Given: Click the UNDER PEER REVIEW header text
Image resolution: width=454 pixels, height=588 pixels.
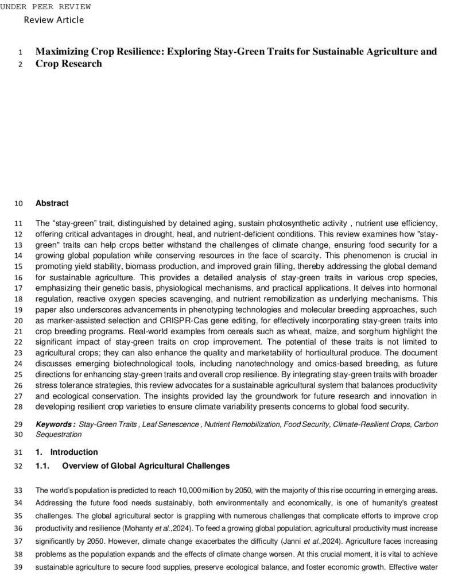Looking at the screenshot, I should (45, 6).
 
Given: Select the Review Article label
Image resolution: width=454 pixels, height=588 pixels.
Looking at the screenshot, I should (54, 20).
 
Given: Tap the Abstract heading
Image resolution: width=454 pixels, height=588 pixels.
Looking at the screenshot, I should (52, 203).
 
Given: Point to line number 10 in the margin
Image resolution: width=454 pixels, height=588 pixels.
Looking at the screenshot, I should (18, 203).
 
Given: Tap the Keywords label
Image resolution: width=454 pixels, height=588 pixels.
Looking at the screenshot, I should (55, 424).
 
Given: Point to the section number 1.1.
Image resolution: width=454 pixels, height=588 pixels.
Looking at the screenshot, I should (42, 466).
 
